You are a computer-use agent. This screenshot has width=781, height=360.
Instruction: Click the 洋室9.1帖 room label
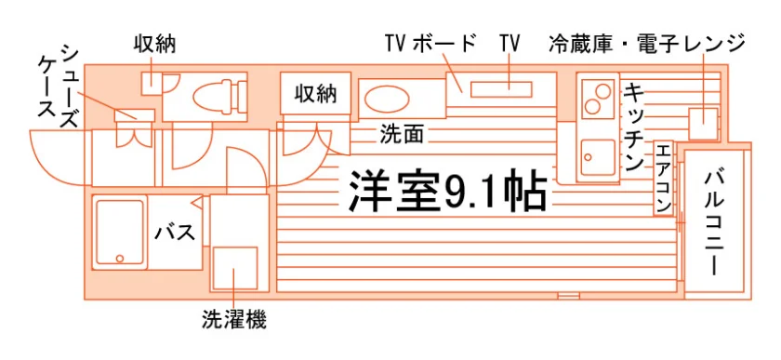coord(447,192)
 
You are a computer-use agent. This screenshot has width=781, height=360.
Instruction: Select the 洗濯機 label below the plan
coord(233,319)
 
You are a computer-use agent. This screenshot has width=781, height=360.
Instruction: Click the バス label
coord(174,233)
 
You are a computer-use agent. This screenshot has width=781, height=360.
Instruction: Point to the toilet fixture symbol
coord(219,96)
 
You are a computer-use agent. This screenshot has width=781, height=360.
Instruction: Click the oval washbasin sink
coord(387,99)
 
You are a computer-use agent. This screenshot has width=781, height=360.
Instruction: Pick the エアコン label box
coord(663,179)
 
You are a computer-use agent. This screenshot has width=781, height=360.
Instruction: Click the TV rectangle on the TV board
coord(501,89)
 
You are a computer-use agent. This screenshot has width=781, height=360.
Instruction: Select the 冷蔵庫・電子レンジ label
coord(646,44)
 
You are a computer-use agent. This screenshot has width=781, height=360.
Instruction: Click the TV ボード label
coord(430,44)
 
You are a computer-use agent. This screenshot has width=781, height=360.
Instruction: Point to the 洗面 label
coord(402,134)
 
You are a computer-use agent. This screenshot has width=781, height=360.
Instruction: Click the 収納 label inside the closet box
coord(316,93)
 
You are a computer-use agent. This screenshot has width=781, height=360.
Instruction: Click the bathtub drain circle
coord(120,259)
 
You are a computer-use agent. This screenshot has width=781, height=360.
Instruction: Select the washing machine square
coord(235,268)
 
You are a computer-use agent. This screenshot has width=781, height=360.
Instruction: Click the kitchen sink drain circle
coord(589,157)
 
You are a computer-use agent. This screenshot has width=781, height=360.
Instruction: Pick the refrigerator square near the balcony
coord(703,124)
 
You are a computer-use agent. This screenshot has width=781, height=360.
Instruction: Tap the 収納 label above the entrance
coord(155,44)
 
